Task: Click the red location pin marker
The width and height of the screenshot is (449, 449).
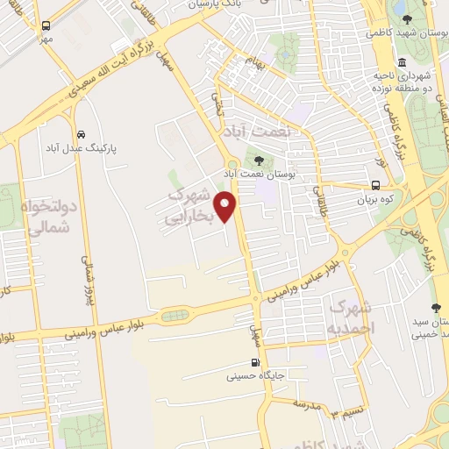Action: (x=228, y=207)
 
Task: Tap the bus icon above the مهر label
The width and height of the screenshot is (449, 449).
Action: (x=46, y=25)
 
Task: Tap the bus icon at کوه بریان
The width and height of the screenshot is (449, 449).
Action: (x=375, y=185)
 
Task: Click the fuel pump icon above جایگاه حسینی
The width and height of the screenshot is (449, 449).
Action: (x=255, y=363)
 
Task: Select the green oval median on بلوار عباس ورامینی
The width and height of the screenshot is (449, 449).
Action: (x=175, y=314)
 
